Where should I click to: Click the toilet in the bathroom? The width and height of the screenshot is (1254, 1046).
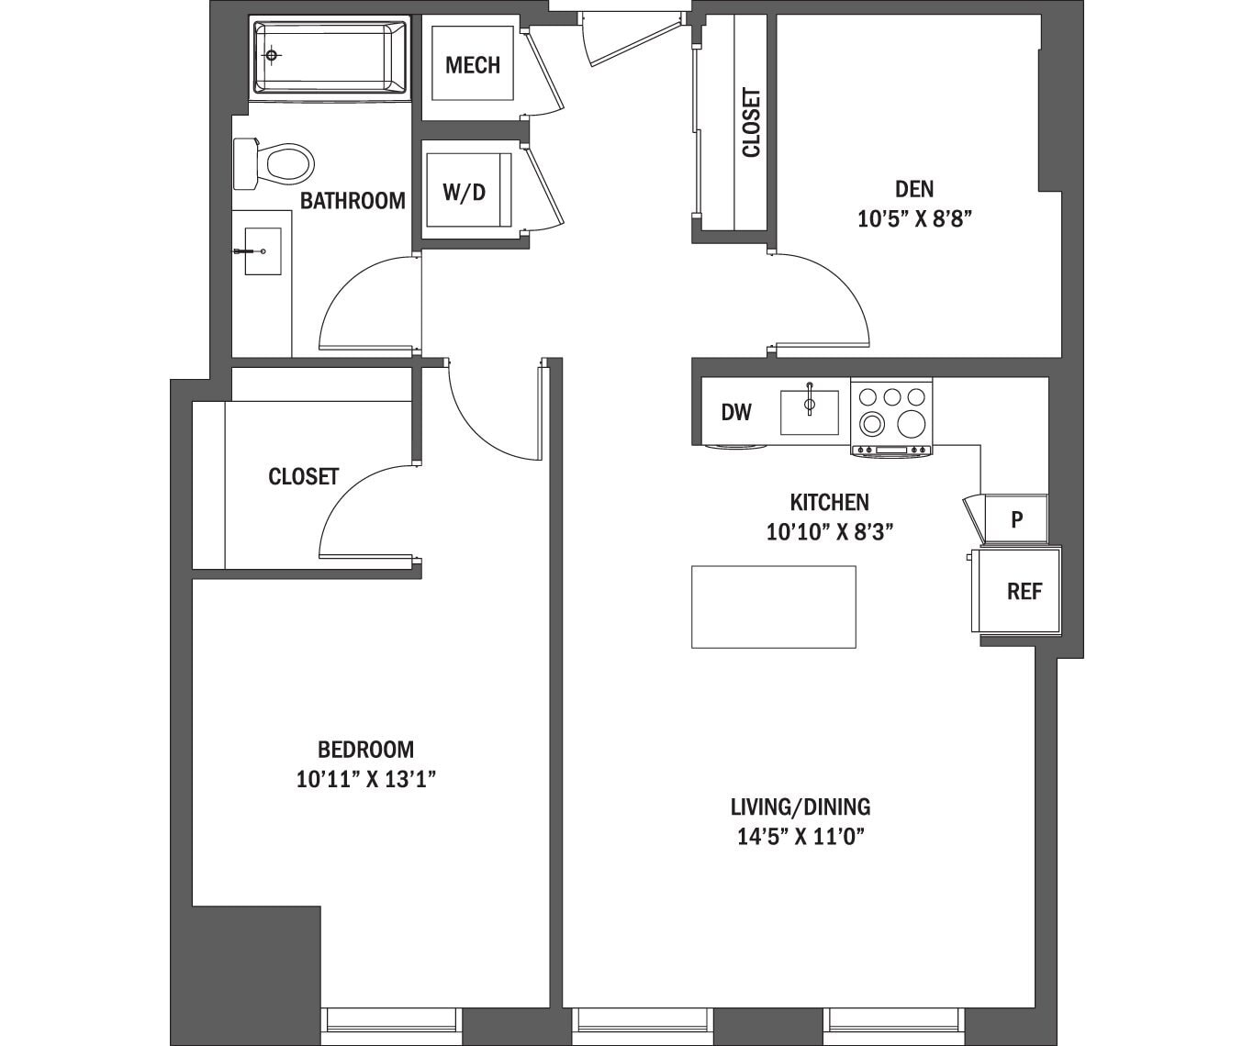280,164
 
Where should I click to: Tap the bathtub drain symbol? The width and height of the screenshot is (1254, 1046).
271,56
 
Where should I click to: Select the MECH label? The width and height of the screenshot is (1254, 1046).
473,65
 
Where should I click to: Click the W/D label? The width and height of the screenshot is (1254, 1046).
464,193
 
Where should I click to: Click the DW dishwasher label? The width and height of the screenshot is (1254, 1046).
736,412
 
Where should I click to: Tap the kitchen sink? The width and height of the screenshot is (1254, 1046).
809,412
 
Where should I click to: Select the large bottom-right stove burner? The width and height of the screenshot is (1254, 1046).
911,424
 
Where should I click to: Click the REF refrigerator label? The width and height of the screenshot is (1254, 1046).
1024,592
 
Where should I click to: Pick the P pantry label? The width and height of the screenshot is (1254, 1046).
1016,519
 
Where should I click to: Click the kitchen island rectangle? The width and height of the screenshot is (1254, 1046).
773,607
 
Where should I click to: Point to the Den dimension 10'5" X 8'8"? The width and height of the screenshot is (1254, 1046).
914,219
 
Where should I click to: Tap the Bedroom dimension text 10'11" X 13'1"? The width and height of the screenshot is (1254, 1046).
365,780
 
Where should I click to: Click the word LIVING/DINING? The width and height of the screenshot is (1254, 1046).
801,807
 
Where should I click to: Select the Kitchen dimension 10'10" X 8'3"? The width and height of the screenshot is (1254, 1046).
830,532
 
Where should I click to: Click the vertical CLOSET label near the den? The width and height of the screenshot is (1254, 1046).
752,123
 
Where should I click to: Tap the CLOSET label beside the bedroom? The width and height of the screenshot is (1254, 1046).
303,477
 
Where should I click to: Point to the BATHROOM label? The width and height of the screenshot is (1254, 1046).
353,201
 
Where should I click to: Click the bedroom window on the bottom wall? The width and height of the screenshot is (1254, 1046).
389,1019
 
